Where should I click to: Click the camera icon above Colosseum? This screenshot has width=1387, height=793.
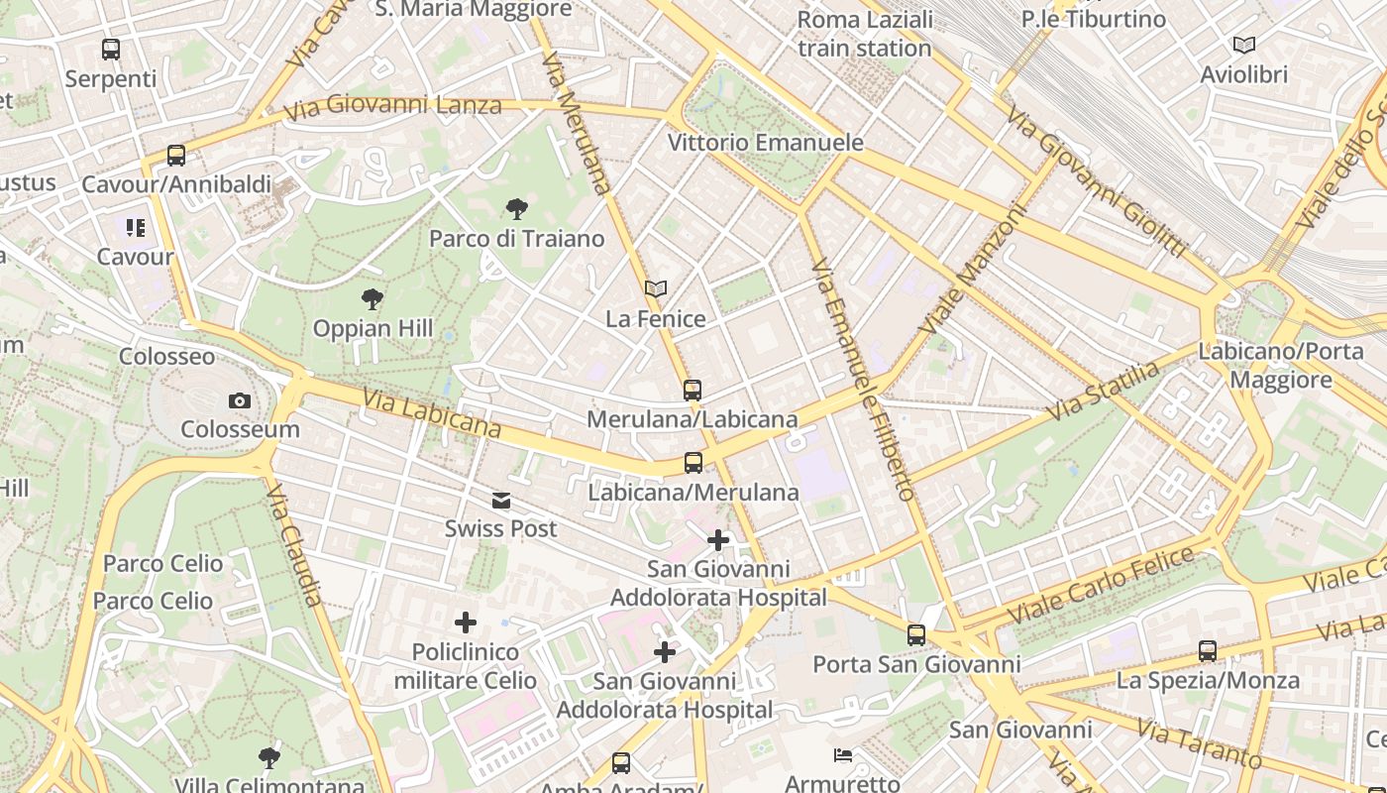(x=239, y=400)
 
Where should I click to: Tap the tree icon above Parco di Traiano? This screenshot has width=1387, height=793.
(x=516, y=208)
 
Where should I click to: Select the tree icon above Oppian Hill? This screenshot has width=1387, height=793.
(x=373, y=298)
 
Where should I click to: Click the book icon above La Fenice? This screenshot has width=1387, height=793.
(x=655, y=288)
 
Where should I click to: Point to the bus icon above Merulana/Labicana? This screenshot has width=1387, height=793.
(x=692, y=390)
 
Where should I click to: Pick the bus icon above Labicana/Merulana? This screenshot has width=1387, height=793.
(x=693, y=462)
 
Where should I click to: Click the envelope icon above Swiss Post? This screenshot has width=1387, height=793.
(x=501, y=501)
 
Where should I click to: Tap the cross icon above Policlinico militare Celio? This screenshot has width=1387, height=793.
(x=466, y=623)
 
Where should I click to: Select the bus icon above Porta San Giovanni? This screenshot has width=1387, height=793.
(x=916, y=634)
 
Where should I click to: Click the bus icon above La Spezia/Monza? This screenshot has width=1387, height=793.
(x=1207, y=651)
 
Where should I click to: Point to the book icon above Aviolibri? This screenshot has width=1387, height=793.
(x=1243, y=45)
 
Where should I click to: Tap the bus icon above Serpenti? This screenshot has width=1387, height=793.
(x=111, y=49)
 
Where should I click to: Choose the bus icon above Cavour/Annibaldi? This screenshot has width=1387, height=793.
(x=176, y=155)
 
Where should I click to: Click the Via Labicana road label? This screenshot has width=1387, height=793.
(x=431, y=413)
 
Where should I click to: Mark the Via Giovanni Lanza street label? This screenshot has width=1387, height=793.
(x=393, y=106)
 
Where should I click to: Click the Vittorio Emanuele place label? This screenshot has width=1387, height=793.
(x=765, y=143)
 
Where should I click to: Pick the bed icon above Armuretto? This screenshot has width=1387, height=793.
(x=842, y=756)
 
